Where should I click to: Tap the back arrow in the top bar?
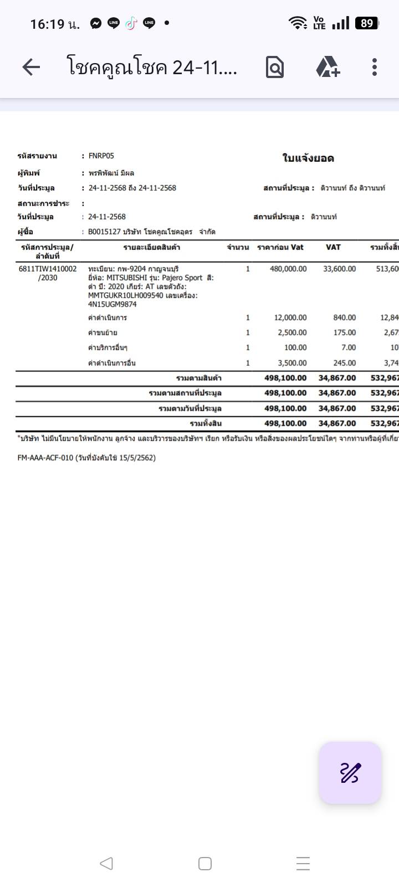point(31,68)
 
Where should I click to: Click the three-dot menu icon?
point(375,68)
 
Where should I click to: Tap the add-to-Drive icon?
point(328,68)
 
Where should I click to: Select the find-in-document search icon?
point(275,68)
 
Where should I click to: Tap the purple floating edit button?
point(350,773)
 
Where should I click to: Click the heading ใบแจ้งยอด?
point(308,158)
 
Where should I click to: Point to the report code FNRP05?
point(101,156)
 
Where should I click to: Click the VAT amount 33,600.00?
point(339,269)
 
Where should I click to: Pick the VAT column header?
point(333,247)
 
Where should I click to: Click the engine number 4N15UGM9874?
point(112,304)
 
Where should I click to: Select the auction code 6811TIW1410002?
point(48,269)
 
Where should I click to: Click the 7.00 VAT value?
point(349,348)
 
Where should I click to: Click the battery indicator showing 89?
point(367,23)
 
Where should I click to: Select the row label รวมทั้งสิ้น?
point(206,424)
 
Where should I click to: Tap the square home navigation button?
point(205,864)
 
